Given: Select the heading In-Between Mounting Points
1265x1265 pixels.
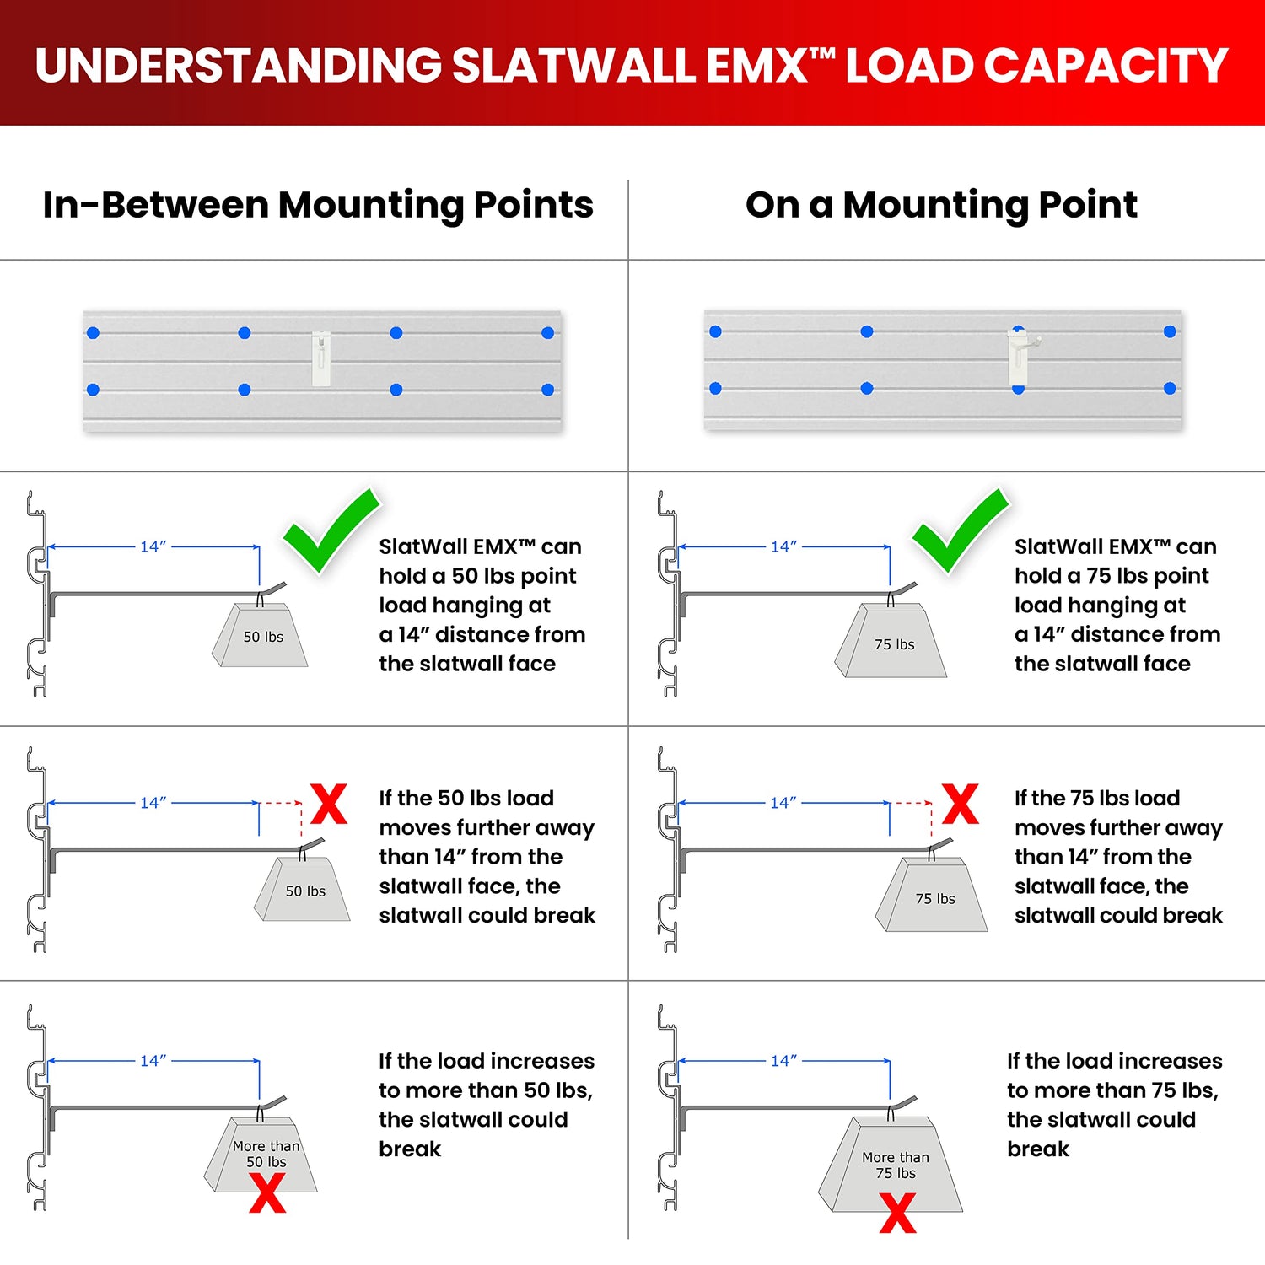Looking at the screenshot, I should pos(318,205).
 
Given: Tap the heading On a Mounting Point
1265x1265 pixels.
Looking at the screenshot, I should pos(941,205).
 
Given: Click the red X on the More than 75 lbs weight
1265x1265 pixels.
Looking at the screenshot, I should pos(897,1213).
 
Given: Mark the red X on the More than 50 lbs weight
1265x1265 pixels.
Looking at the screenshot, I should pos(267,1193).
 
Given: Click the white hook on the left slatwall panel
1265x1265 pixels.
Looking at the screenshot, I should pos(321,358).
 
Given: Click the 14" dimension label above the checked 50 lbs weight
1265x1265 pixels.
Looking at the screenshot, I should pos(153,546).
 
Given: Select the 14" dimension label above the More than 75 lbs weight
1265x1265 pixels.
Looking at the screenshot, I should pos(783,1061).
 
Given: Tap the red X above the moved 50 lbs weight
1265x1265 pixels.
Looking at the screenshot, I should pos(329,803).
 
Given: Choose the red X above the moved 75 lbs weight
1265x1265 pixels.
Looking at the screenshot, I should pos(960,803).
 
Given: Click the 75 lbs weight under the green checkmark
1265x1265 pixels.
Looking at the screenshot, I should pos(892,643).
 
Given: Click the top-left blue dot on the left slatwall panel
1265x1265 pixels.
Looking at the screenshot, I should pos(94,333).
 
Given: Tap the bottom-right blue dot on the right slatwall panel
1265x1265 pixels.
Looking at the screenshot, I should pos(1170,389).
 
